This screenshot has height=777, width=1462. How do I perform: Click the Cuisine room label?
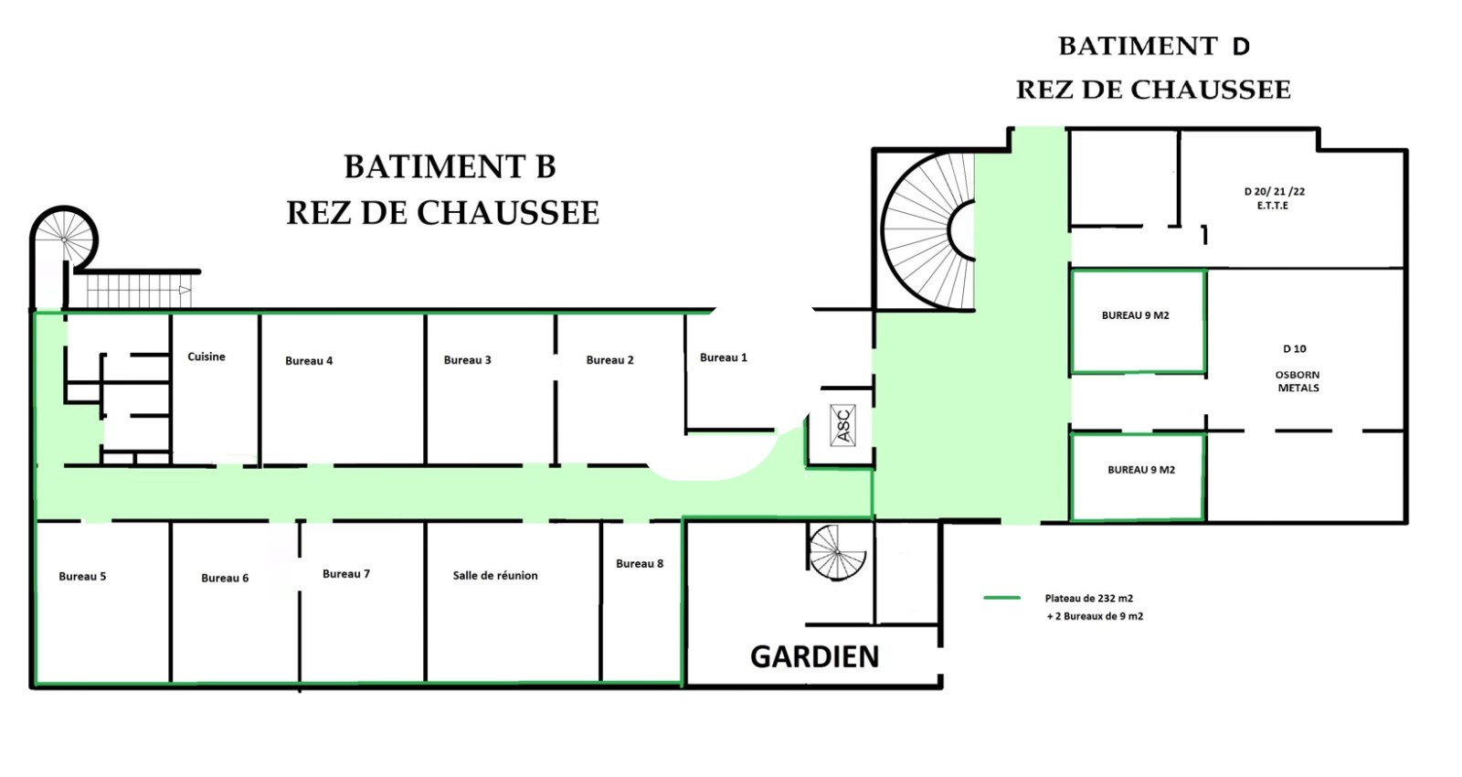[x=207, y=357]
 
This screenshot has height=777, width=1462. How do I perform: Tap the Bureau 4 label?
[x=309, y=360]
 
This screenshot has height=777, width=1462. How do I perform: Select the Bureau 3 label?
[x=467, y=360]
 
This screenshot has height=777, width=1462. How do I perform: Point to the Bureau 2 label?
[x=609, y=360]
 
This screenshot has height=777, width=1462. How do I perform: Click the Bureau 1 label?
[x=723, y=357]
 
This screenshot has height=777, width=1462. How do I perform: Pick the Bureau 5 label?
[x=82, y=576]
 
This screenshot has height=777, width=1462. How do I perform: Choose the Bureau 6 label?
[x=225, y=578]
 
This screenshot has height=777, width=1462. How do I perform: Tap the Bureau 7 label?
[x=346, y=574]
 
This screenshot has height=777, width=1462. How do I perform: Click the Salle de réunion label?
[x=495, y=575]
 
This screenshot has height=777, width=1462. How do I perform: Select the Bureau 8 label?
[x=640, y=563]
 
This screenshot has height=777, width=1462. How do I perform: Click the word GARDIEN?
[x=814, y=657]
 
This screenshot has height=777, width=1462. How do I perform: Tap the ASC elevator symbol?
[x=842, y=425]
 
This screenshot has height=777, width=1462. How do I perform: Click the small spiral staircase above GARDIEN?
[x=837, y=552]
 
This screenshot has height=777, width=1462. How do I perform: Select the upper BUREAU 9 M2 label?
[x=1135, y=315]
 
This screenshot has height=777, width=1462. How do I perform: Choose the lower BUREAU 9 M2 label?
[x=1141, y=470]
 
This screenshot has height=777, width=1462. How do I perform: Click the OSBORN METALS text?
[x=1298, y=381]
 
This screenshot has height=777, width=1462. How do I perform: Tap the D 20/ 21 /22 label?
[x=1274, y=191]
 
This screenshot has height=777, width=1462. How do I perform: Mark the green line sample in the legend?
[x=1001, y=598]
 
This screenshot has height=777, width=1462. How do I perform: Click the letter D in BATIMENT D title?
[x=1241, y=47]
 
